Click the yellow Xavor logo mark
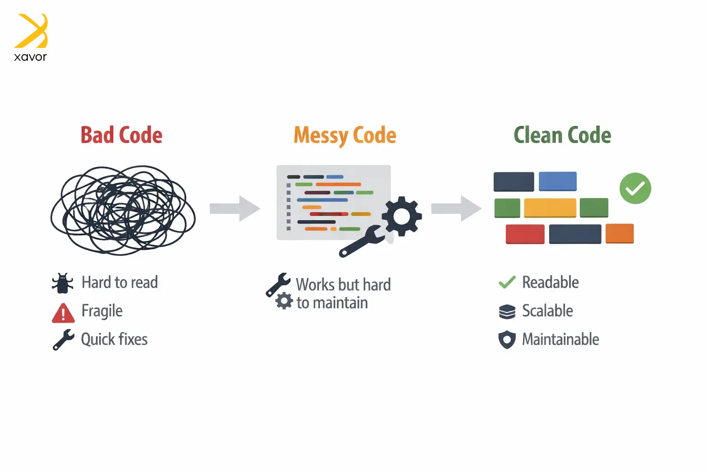click(31, 31)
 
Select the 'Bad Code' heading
click(121, 136)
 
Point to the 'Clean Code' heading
click(562, 136)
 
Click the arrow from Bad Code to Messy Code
click(235, 208)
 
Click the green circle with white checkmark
click(635, 188)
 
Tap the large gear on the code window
click(401, 216)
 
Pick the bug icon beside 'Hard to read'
click(63, 283)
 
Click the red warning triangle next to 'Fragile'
click(63, 313)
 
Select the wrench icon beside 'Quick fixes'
click(63, 340)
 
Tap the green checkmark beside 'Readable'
click(507, 282)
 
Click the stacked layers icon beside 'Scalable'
click(507, 312)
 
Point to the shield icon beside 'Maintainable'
click(507, 340)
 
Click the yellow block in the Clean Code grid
click(550, 207)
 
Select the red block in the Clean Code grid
click(525, 234)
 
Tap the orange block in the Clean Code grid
click(619, 233)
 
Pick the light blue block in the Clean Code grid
click(558, 181)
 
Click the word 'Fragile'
click(102, 311)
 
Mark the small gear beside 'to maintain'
click(284, 301)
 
